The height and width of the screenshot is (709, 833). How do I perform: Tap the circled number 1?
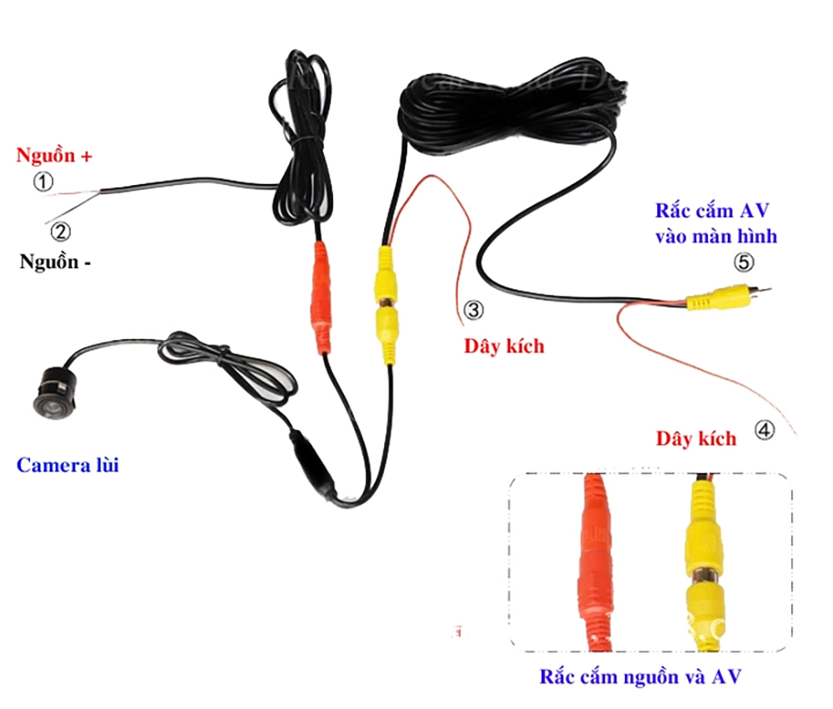coord(42,182)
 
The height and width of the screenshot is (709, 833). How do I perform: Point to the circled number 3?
coord(472,311)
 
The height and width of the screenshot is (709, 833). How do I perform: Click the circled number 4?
coord(765,430)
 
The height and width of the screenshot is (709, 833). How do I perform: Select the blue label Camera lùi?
coord(67,464)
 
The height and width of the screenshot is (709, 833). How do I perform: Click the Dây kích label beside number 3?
coord(504,345)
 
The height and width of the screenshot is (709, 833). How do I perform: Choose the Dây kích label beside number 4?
coord(696,438)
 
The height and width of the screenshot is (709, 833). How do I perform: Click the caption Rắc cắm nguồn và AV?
coord(640,676)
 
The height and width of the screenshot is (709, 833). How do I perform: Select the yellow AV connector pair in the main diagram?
coord(387,303)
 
